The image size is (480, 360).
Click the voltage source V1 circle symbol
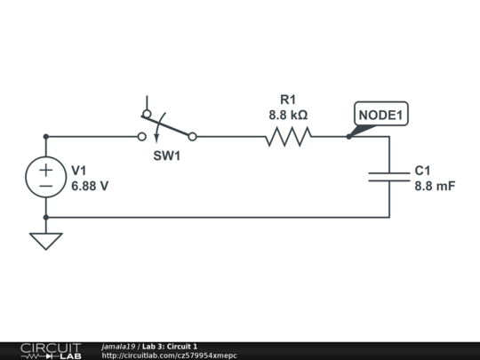click(x=45, y=177)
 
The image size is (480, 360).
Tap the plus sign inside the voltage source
click(x=45, y=169)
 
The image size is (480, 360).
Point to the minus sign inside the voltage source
click(x=45, y=186)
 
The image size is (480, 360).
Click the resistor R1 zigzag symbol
click(x=288, y=137)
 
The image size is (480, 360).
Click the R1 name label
click(x=288, y=100)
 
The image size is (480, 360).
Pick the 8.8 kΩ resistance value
click(x=288, y=115)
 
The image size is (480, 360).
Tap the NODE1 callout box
click(x=381, y=116)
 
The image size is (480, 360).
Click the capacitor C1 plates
click(x=389, y=177)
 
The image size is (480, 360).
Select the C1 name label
click(x=422, y=170)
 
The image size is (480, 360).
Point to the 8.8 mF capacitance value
click(x=435, y=186)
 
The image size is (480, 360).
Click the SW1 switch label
click(x=166, y=156)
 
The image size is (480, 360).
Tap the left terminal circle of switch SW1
click(x=140, y=137)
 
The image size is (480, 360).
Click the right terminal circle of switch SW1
click(x=193, y=137)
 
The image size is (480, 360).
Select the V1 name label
click(x=79, y=170)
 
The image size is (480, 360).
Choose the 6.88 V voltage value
click(x=90, y=186)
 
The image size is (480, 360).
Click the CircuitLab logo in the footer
click(x=50, y=350)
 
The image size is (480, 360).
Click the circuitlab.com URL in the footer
click(x=169, y=356)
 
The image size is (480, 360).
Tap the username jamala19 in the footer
click(x=118, y=347)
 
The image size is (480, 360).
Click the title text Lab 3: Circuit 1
click(x=169, y=347)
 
